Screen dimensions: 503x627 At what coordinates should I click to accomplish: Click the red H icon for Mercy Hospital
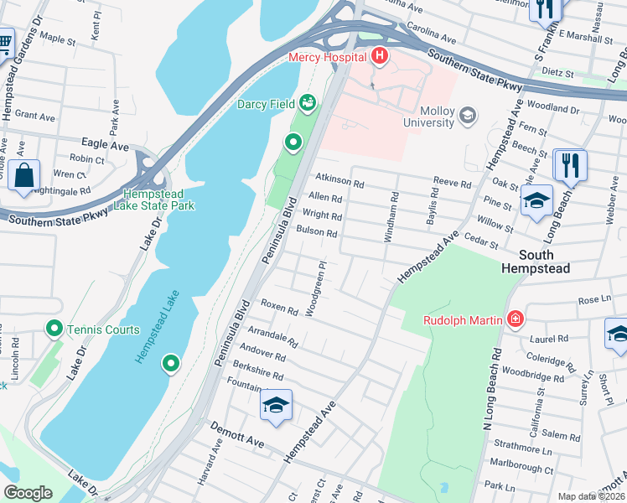(x=380, y=57)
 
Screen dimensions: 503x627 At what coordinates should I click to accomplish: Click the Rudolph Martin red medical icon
(x=514, y=319)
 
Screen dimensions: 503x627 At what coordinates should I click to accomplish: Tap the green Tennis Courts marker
(x=55, y=329)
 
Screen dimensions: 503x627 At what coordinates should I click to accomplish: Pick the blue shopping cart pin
(x=4, y=42)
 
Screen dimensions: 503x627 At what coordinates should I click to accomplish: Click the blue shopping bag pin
(x=24, y=175)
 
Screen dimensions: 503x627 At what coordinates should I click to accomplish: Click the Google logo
(x=28, y=493)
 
